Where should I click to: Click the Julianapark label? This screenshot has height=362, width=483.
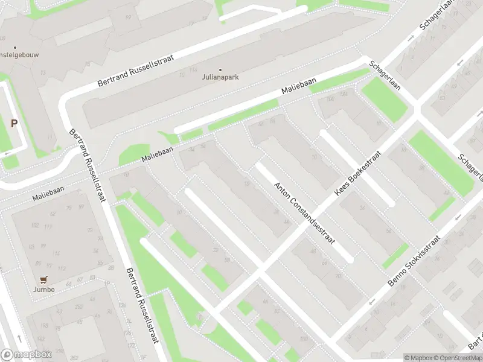tap(220, 77)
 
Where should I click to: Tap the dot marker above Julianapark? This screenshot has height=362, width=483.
tap(220, 69)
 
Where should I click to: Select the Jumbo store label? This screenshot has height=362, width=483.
tap(44, 290)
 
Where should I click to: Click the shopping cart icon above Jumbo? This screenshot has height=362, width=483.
tap(43, 281)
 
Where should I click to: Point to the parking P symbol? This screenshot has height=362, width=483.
tap(14, 123)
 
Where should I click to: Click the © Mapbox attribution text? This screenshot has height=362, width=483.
tap(419, 358)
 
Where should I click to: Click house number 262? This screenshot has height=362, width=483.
tap(78, 306)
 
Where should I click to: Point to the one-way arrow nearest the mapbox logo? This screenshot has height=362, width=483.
tap(21, 337)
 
